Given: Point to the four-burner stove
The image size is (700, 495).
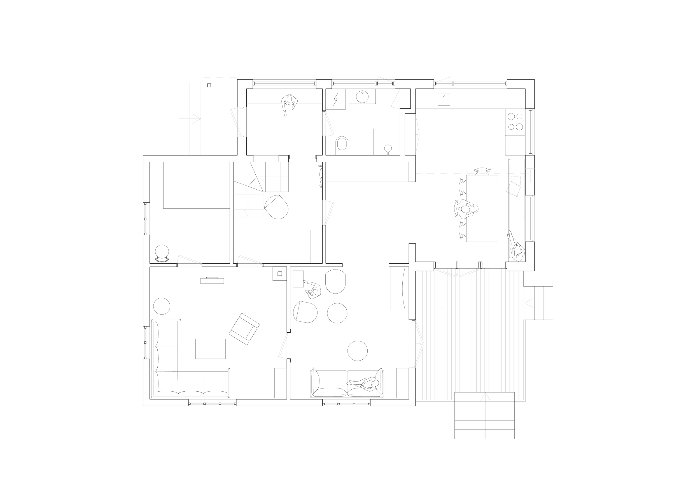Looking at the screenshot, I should pyautogui.click(x=515, y=121).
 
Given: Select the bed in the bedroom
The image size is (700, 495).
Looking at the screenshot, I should pyautogui.click(x=196, y=186).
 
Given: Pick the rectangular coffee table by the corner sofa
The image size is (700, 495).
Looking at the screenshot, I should pyautogui.click(x=210, y=348).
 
